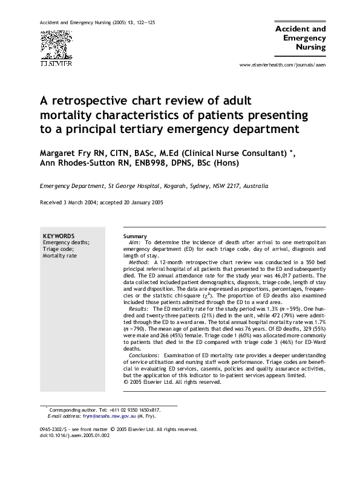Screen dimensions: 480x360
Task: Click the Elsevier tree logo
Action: pyautogui.click(x=56, y=45)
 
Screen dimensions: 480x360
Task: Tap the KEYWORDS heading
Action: pyautogui.click(x=59, y=235)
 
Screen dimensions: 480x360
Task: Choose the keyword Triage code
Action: pyautogui.click(x=58, y=248)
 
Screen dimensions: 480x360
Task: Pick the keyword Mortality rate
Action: pyautogui.click(x=59, y=255)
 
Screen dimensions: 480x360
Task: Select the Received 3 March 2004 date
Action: pyautogui.click(x=67, y=202)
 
